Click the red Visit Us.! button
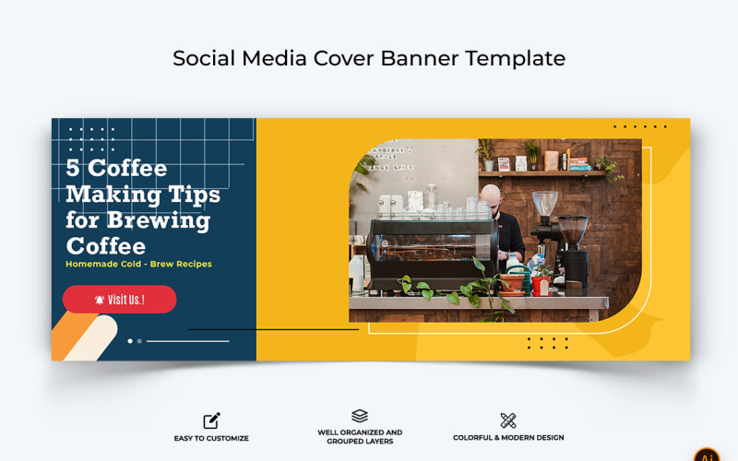point(119,300)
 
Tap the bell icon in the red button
point(100,300)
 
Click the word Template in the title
point(516,58)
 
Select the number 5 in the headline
point(73,169)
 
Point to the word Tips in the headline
point(193,195)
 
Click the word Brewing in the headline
point(159,221)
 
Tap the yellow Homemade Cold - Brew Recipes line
point(138,264)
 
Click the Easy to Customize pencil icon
point(212,420)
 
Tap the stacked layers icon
point(360,417)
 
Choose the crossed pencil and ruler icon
point(508,420)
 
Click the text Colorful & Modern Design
point(508,438)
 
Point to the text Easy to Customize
point(211,438)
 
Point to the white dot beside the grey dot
point(130,341)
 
